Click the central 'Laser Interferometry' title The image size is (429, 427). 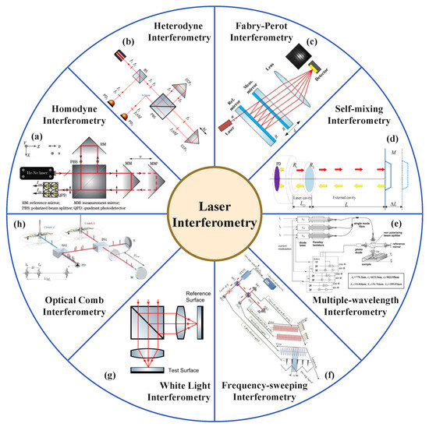[214, 213]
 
